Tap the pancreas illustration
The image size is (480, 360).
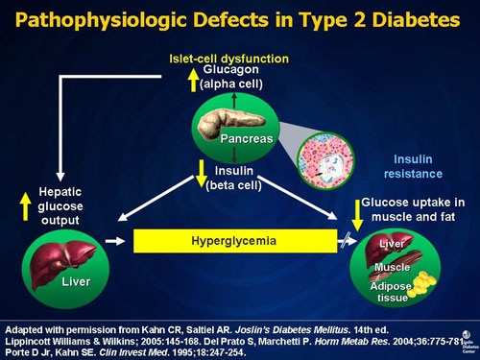(225, 130)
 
